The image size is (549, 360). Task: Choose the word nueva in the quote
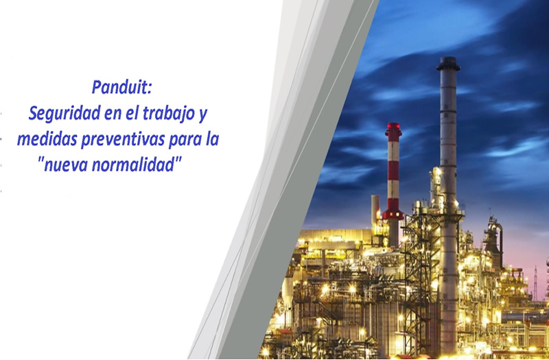[65, 165]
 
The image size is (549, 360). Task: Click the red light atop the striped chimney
[393, 126]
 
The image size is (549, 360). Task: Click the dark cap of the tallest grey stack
[448, 64]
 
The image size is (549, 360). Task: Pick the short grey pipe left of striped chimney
[375, 209]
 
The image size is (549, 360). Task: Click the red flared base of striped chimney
[393, 214]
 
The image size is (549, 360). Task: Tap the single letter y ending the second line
[203, 116]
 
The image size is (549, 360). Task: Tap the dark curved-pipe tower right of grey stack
[493, 238]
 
